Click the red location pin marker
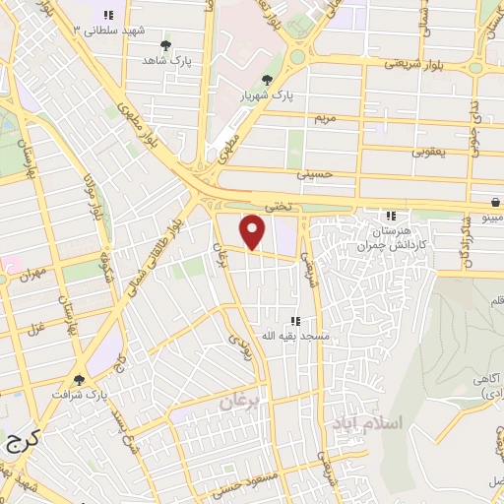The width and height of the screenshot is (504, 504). click(253, 231)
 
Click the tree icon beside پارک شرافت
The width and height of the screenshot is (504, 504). click(80, 380)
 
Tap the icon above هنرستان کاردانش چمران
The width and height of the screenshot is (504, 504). click(391, 216)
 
